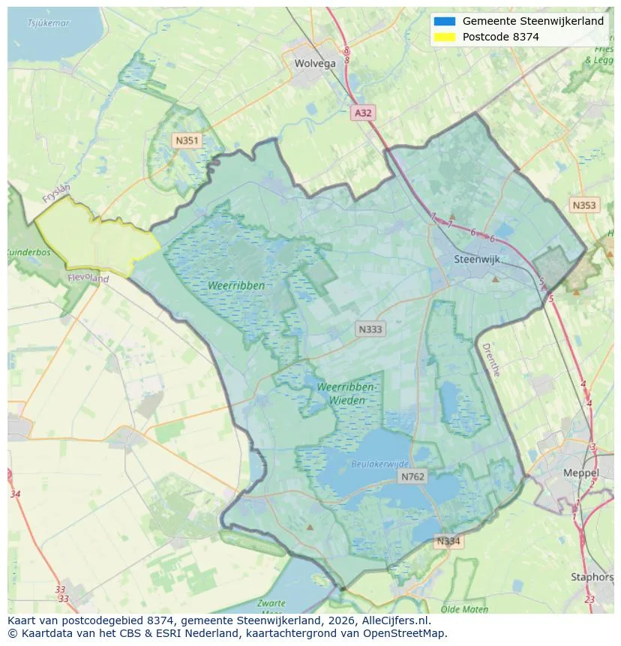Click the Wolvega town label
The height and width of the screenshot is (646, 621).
tap(315, 64)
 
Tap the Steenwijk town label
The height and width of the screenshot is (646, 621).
tap(477, 260)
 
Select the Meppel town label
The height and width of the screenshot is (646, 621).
tap(580, 473)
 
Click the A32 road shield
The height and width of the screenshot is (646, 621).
tap(363, 113)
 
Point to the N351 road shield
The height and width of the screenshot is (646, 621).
tap(186, 140)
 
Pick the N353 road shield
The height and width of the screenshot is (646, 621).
tap(584, 205)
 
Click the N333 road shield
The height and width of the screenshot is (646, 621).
tap(370, 329)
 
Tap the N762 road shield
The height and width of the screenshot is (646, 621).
tap(412, 476)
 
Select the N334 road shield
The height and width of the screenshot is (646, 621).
tap(448, 541)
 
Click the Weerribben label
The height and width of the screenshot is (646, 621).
tap(237, 286)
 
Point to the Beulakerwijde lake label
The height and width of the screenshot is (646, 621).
tap(380, 464)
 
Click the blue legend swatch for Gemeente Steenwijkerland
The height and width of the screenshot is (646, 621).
tap(444, 22)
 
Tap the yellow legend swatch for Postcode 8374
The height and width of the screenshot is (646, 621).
tap(444, 37)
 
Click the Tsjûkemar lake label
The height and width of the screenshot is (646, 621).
tap(49, 23)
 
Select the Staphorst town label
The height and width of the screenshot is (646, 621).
tap(592, 577)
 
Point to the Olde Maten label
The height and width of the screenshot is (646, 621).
tap(465, 609)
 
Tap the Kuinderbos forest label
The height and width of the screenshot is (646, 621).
tap(28, 253)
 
